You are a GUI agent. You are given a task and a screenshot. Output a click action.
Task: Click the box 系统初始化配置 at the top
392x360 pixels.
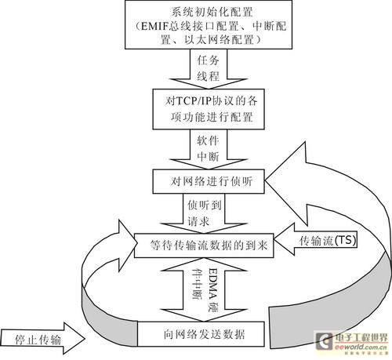[x=201, y=27]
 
